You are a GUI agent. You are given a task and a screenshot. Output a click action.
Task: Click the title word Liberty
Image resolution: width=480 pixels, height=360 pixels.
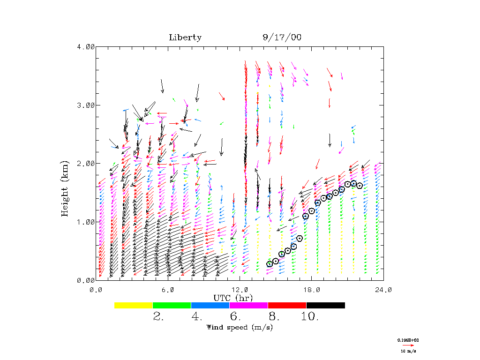pos(185,37)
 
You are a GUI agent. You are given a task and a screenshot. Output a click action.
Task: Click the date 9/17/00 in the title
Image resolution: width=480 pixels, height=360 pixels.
pos(282,37)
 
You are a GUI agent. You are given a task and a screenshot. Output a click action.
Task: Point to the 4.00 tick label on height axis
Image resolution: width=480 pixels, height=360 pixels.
pos(85,46)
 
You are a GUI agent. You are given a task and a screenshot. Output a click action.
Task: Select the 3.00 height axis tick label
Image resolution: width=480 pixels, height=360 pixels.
pos(85,105)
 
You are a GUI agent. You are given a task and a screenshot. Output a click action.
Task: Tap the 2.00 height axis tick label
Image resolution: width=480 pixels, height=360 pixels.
pos(85,164)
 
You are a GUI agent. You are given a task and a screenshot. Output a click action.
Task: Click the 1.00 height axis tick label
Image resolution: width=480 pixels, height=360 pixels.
pos(85,222)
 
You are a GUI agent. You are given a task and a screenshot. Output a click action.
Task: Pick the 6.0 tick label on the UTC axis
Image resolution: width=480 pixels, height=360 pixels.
pos(168,290)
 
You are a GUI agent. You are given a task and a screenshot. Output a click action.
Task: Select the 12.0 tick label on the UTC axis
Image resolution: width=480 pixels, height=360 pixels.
pos(240,290)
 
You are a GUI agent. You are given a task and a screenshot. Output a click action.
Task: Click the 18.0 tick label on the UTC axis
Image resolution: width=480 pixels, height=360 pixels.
pos(312,290)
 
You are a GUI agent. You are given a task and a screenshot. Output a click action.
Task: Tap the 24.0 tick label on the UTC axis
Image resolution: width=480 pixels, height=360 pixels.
pos(383,290)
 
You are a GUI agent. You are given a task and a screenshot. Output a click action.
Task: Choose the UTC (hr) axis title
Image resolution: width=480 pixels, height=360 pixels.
pos(233,298)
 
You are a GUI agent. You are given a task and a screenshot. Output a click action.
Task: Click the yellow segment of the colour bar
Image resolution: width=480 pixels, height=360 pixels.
pos(134,305)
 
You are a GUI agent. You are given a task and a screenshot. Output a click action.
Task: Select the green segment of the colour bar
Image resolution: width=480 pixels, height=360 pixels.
pos(172,305)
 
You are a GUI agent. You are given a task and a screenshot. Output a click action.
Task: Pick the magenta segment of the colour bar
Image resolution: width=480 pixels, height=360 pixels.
pos(248,305)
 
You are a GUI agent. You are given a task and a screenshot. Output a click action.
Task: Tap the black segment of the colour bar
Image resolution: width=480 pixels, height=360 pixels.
pos(325,305)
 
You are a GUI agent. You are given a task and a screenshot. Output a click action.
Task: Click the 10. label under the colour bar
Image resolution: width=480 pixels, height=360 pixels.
pos(310,316)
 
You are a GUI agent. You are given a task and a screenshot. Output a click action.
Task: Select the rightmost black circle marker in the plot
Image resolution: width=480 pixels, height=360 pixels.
pos(360,186)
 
